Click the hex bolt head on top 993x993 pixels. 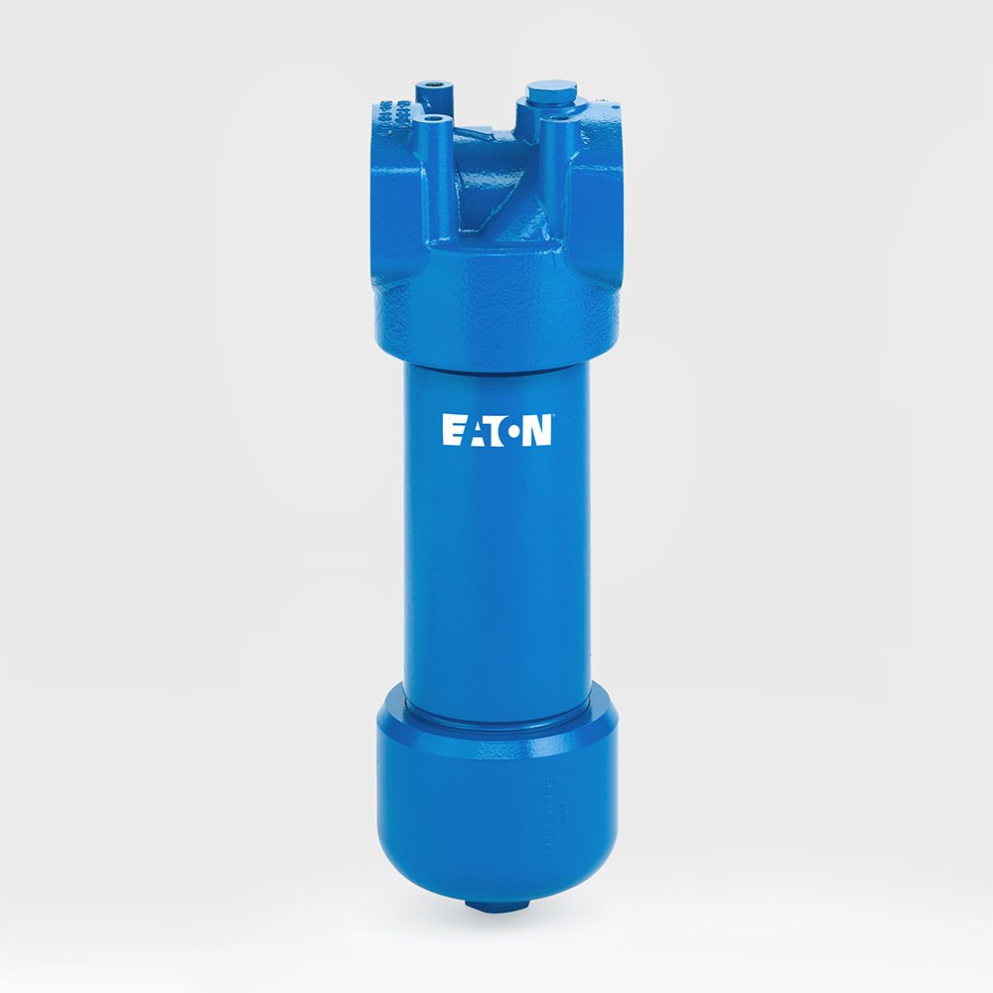551,91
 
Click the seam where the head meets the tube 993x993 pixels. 496,363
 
